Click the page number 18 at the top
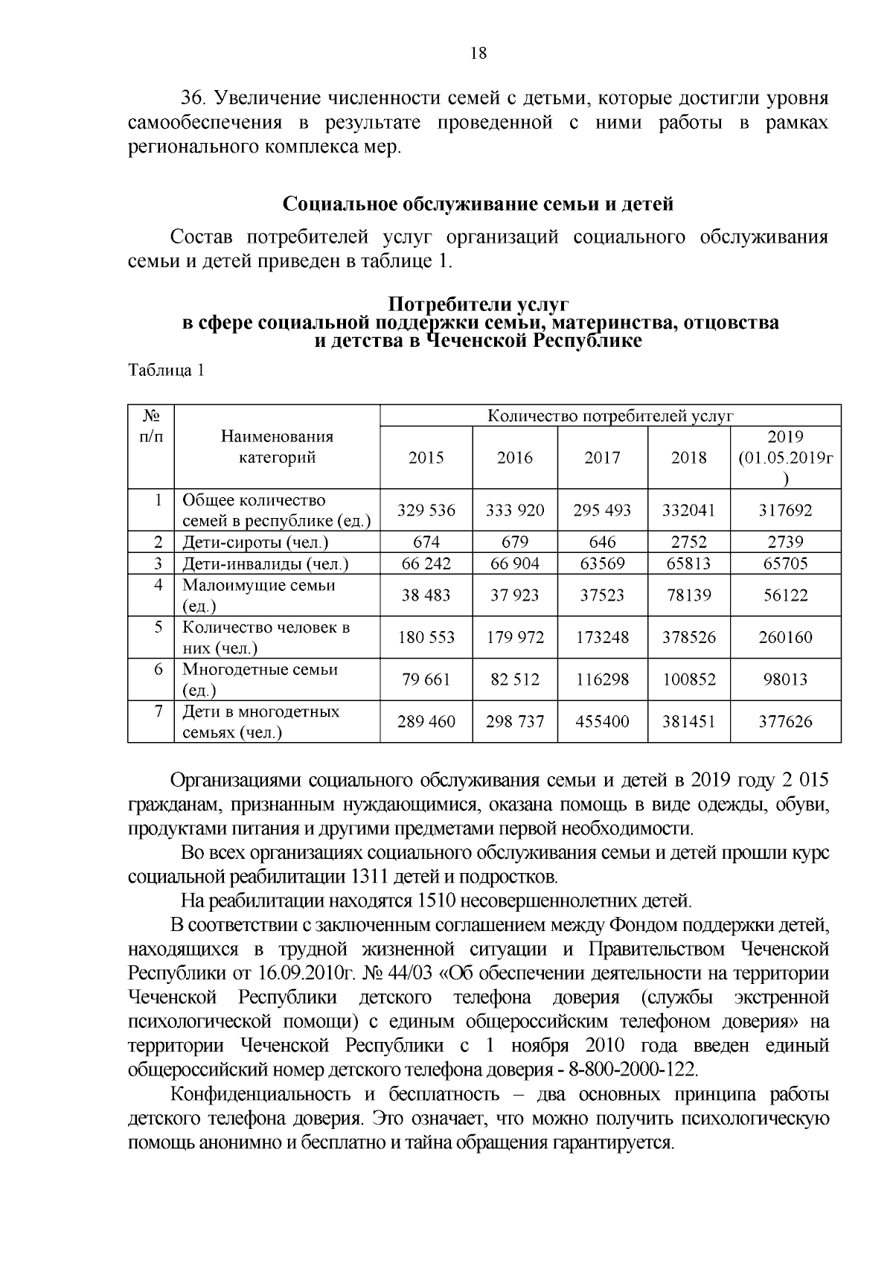click(x=478, y=52)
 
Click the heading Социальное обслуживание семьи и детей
click(x=478, y=204)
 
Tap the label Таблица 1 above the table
click(x=166, y=371)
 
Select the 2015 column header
click(x=426, y=458)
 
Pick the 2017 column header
click(x=602, y=458)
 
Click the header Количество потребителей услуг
click(x=610, y=415)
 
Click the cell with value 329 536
click(x=426, y=511)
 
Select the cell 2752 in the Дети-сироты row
click(x=688, y=542)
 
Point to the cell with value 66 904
click(x=514, y=563)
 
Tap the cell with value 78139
click(x=688, y=595)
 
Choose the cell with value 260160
click(x=785, y=638)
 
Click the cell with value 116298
click(x=602, y=680)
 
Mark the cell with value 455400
click(x=602, y=722)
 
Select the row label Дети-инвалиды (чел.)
click(x=266, y=564)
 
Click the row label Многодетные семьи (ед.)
click(x=260, y=679)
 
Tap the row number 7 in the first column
click(x=159, y=712)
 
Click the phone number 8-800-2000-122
click(x=632, y=1069)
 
